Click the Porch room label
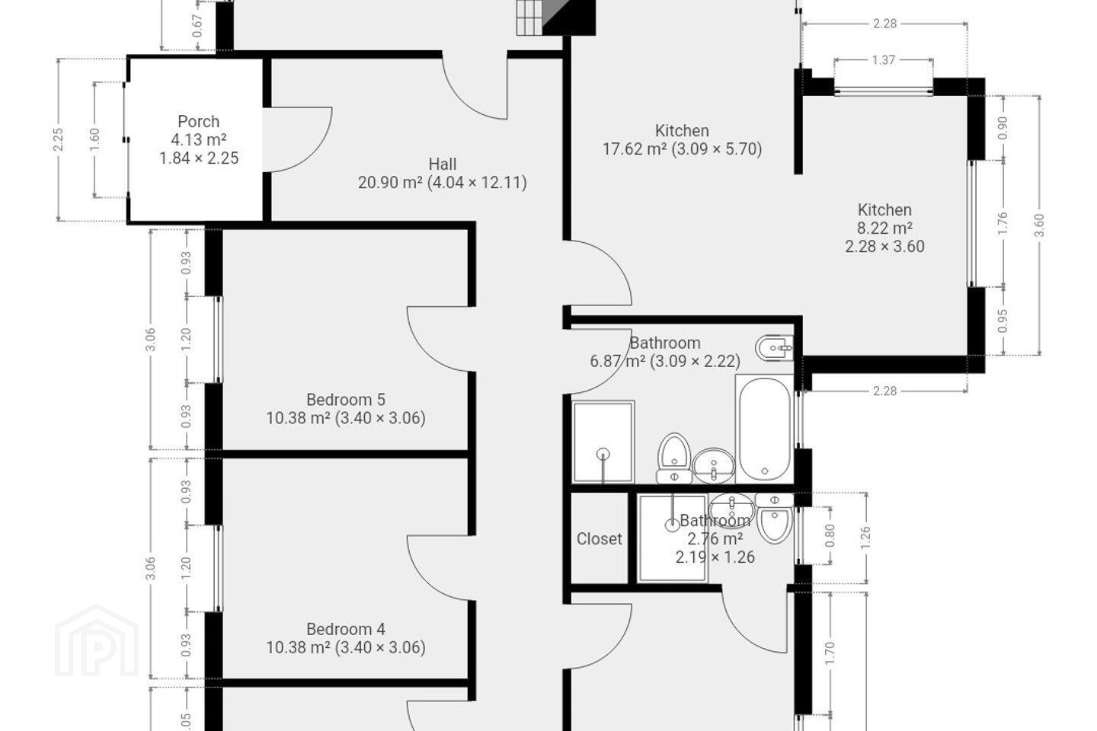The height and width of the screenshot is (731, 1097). pyautogui.click(x=198, y=121)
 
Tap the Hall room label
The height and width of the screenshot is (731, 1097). pyautogui.click(x=442, y=164)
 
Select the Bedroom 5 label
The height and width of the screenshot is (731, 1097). pyautogui.click(x=346, y=400)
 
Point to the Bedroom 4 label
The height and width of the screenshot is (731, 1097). pyautogui.click(x=346, y=629)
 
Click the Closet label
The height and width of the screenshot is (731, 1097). pyautogui.click(x=599, y=538)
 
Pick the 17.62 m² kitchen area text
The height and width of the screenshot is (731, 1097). pyautogui.click(x=634, y=148)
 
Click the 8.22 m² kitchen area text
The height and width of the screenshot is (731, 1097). pyautogui.click(x=884, y=228)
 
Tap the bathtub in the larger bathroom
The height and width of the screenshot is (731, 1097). pyautogui.click(x=765, y=429)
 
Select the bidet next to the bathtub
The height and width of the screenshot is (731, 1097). pyautogui.click(x=774, y=348)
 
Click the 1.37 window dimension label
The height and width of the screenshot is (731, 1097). pyautogui.click(x=884, y=59)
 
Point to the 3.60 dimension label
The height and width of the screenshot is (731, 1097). pyautogui.click(x=1040, y=225)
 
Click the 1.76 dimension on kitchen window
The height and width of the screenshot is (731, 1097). pyautogui.click(x=1003, y=223)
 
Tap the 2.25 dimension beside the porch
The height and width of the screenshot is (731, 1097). pyautogui.click(x=58, y=139)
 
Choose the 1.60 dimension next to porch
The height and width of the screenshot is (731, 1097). pyautogui.click(x=94, y=139)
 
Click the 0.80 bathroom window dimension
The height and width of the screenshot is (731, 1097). pyautogui.click(x=830, y=535)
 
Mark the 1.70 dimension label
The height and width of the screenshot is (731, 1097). pyautogui.click(x=830, y=653)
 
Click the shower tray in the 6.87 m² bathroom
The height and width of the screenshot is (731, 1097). pyautogui.click(x=603, y=442)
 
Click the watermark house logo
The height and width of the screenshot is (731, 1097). pyautogui.click(x=97, y=640)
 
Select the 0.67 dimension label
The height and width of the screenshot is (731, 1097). pyautogui.click(x=197, y=26)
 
